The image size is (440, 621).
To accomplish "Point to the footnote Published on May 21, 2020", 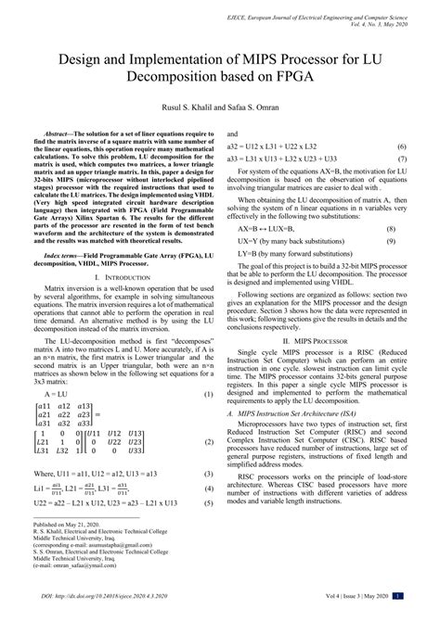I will pos(74,550).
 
